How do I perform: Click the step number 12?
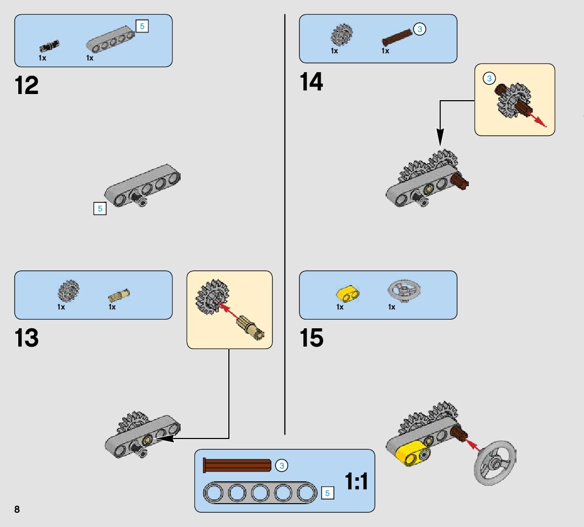coord(27,85)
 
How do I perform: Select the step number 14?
coord(311,81)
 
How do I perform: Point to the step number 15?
coord(311,338)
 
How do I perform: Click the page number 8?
coord(17,509)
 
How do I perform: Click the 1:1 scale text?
coord(356,481)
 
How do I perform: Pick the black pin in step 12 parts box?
coord(49,46)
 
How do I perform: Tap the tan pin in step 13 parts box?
coord(119,295)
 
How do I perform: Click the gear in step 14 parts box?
coord(341,35)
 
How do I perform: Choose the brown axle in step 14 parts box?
coord(398,35)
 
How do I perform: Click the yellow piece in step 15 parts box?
coord(348,293)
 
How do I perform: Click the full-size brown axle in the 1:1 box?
coord(237,465)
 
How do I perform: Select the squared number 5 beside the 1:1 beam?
coord(327,492)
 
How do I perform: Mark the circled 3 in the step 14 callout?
coord(489,78)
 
